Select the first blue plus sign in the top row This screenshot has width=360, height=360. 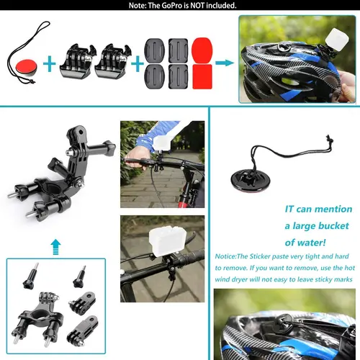[49, 64]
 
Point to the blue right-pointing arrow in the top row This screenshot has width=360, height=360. [225, 63]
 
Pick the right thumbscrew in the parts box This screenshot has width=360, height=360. [77, 274]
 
